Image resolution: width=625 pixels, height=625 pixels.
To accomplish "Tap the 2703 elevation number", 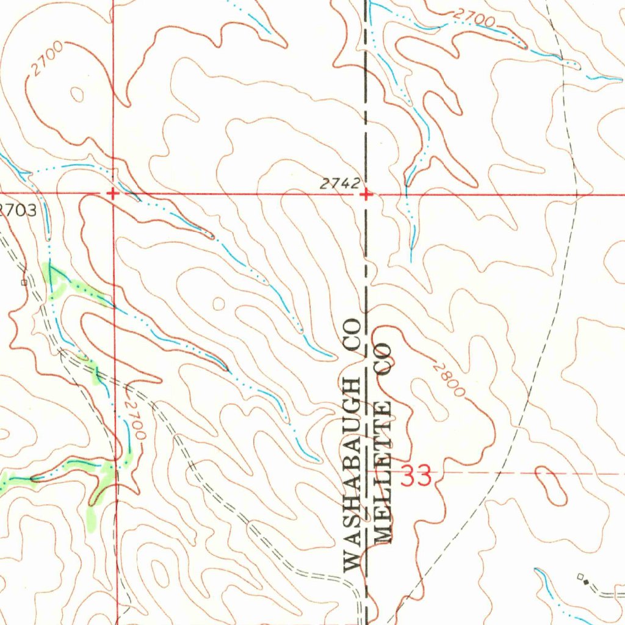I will [x=19, y=211].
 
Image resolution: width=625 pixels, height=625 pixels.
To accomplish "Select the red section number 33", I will [x=416, y=476].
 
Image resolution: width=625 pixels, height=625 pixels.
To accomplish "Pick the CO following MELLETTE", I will [x=384, y=360].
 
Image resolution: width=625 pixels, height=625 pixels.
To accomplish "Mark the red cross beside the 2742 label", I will [x=366, y=195].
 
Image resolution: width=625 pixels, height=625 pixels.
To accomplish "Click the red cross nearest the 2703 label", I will [x=112, y=193].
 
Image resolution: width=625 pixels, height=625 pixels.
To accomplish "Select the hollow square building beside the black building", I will [x=580, y=576].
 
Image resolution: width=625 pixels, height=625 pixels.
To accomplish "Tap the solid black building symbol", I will [x=587, y=582].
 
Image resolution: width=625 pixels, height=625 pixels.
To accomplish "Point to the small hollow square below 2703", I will [x=24, y=283].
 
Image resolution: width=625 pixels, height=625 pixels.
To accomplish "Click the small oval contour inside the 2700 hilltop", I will [x=77, y=95].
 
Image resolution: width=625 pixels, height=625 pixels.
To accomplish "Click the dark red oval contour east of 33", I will [x=551, y=486].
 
